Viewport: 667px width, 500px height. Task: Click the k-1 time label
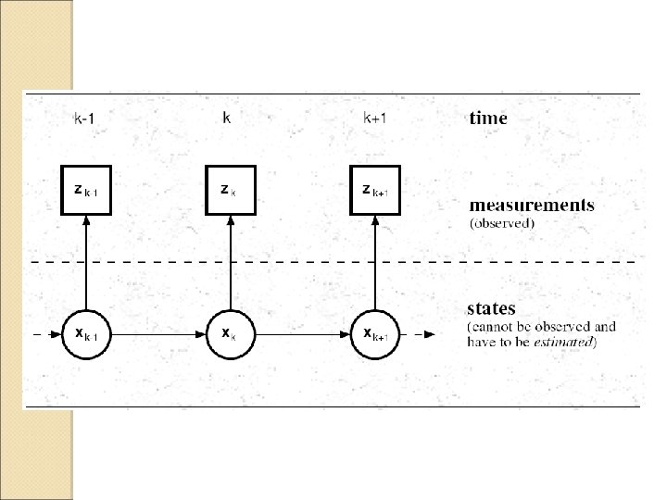click(x=83, y=118)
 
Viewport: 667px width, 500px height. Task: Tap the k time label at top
click(x=227, y=118)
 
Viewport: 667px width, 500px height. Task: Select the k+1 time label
click(x=374, y=118)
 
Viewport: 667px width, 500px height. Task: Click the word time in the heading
click(x=487, y=118)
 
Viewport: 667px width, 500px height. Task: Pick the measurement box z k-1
click(x=86, y=191)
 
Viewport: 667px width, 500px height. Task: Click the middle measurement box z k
click(x=229, y=191)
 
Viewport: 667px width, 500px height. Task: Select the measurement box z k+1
click(x=375, y=191)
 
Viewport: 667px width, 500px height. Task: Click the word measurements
click(x=531, y=205)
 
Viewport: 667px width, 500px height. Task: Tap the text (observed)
click(x=501, y=223)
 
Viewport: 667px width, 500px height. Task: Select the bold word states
click(x=491, y=307)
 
